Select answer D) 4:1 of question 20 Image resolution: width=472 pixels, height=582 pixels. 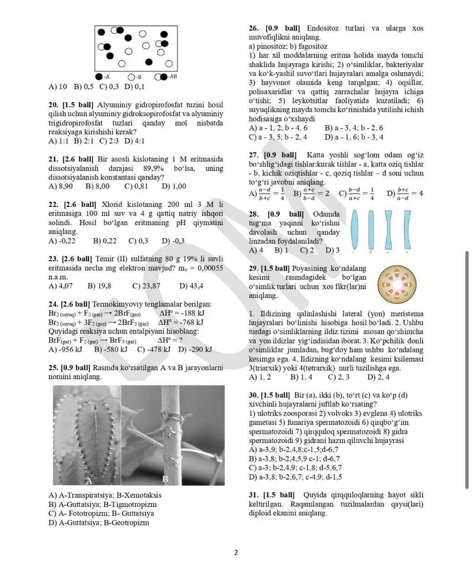click(135, 141)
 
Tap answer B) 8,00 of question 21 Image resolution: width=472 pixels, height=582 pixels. click(97, 186)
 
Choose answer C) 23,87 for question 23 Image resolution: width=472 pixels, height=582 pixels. click(146, 286)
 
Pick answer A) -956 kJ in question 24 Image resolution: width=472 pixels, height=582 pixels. click(65, 349)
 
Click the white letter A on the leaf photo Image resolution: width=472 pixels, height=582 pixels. click(90, 480)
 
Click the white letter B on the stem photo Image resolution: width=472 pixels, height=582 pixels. click(165, 479)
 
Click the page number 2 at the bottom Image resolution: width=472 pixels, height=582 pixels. click(236, 553)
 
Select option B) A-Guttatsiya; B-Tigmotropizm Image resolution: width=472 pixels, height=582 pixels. click(102, 504)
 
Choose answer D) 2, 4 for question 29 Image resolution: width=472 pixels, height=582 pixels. click(378, 377)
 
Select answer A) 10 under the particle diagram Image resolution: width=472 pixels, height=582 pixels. click(58, 86)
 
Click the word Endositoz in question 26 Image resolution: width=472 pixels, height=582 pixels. click(322, 28)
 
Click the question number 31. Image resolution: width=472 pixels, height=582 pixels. click(253, 495)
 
